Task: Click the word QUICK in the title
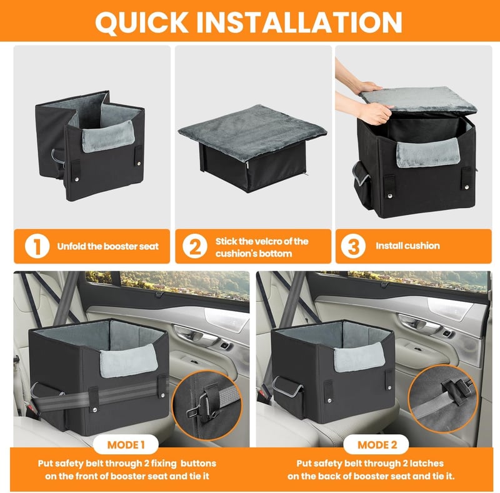[x=142, y=22]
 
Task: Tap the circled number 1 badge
[x=37, y=246]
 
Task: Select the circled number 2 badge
[x=195, y=246]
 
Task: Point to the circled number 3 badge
[x=353, y=246]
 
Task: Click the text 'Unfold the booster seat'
[x=107, y=246]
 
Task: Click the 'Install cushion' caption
[x=407, y=246]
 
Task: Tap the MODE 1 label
[x=126, y=445]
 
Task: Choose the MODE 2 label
[x=377, y=445]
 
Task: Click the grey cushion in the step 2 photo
[x=252, y=132]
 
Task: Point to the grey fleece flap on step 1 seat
[x=108, y=136]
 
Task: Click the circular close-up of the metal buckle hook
[x=207, y=405]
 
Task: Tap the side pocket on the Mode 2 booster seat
[x=289, y=397]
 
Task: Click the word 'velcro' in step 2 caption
[x=271, y=241]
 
